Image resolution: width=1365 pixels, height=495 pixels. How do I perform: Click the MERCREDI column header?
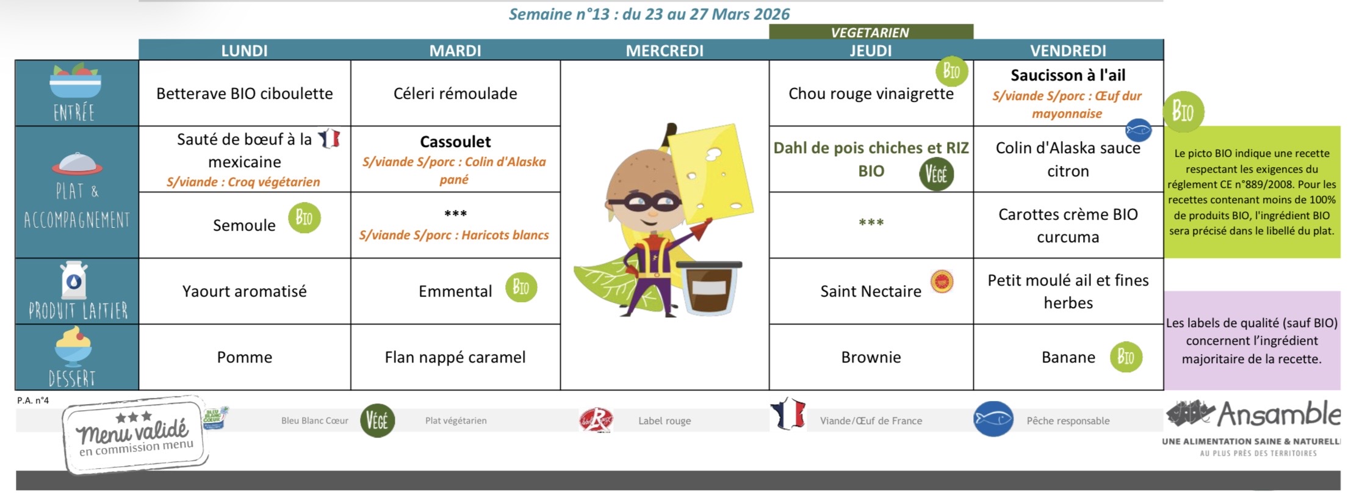click(x=664, y=51)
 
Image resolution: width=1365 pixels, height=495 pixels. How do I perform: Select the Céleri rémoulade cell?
click(x=455, y=93)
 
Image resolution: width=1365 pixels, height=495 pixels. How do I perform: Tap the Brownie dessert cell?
click(x=871, y=357)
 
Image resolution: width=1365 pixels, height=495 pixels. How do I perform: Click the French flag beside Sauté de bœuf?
click(x=329, y=139)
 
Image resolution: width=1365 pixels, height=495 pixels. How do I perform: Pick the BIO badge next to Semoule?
click(x=304, y=218)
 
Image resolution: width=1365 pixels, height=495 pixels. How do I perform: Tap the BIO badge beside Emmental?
click(x=521, y=287)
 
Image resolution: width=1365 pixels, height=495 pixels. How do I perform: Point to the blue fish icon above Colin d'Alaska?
click(x=1138, y=130)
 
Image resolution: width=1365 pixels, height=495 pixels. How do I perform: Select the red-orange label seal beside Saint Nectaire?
click(x=942, y=281)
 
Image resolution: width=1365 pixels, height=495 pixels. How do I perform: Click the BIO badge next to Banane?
click(x=1126, y=357)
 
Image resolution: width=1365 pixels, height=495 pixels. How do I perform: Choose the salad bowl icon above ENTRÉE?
click(x=75, y=81)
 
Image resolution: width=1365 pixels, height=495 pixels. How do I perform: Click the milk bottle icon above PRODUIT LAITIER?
click(x=74, y=280)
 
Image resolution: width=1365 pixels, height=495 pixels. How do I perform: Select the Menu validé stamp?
click(x=135, y=435)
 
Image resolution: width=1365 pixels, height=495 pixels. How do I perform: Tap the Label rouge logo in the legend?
click(x=596, y=420)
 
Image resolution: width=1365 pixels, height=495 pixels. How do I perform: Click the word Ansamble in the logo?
click(x=1279, y=415)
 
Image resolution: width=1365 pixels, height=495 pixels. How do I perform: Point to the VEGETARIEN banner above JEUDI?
click(x=871, y=32)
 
